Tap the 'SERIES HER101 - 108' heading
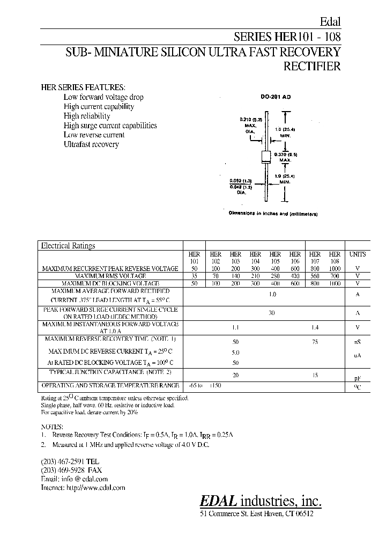click(x=287, y=37)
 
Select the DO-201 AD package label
click(x=275, y=97)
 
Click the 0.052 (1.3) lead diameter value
click(x=241, y=181)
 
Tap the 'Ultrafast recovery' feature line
click(x=91, y=144)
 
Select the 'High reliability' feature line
click(x=87, y=116)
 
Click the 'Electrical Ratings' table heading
click(x=68, y=246)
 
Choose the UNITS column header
click(x=358, y=254)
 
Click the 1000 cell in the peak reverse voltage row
click(x=335, y=268)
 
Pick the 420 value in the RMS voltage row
click(x=295, y=275)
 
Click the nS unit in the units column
click(x=358, y=341)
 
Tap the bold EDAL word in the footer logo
click(x=218, y=501)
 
